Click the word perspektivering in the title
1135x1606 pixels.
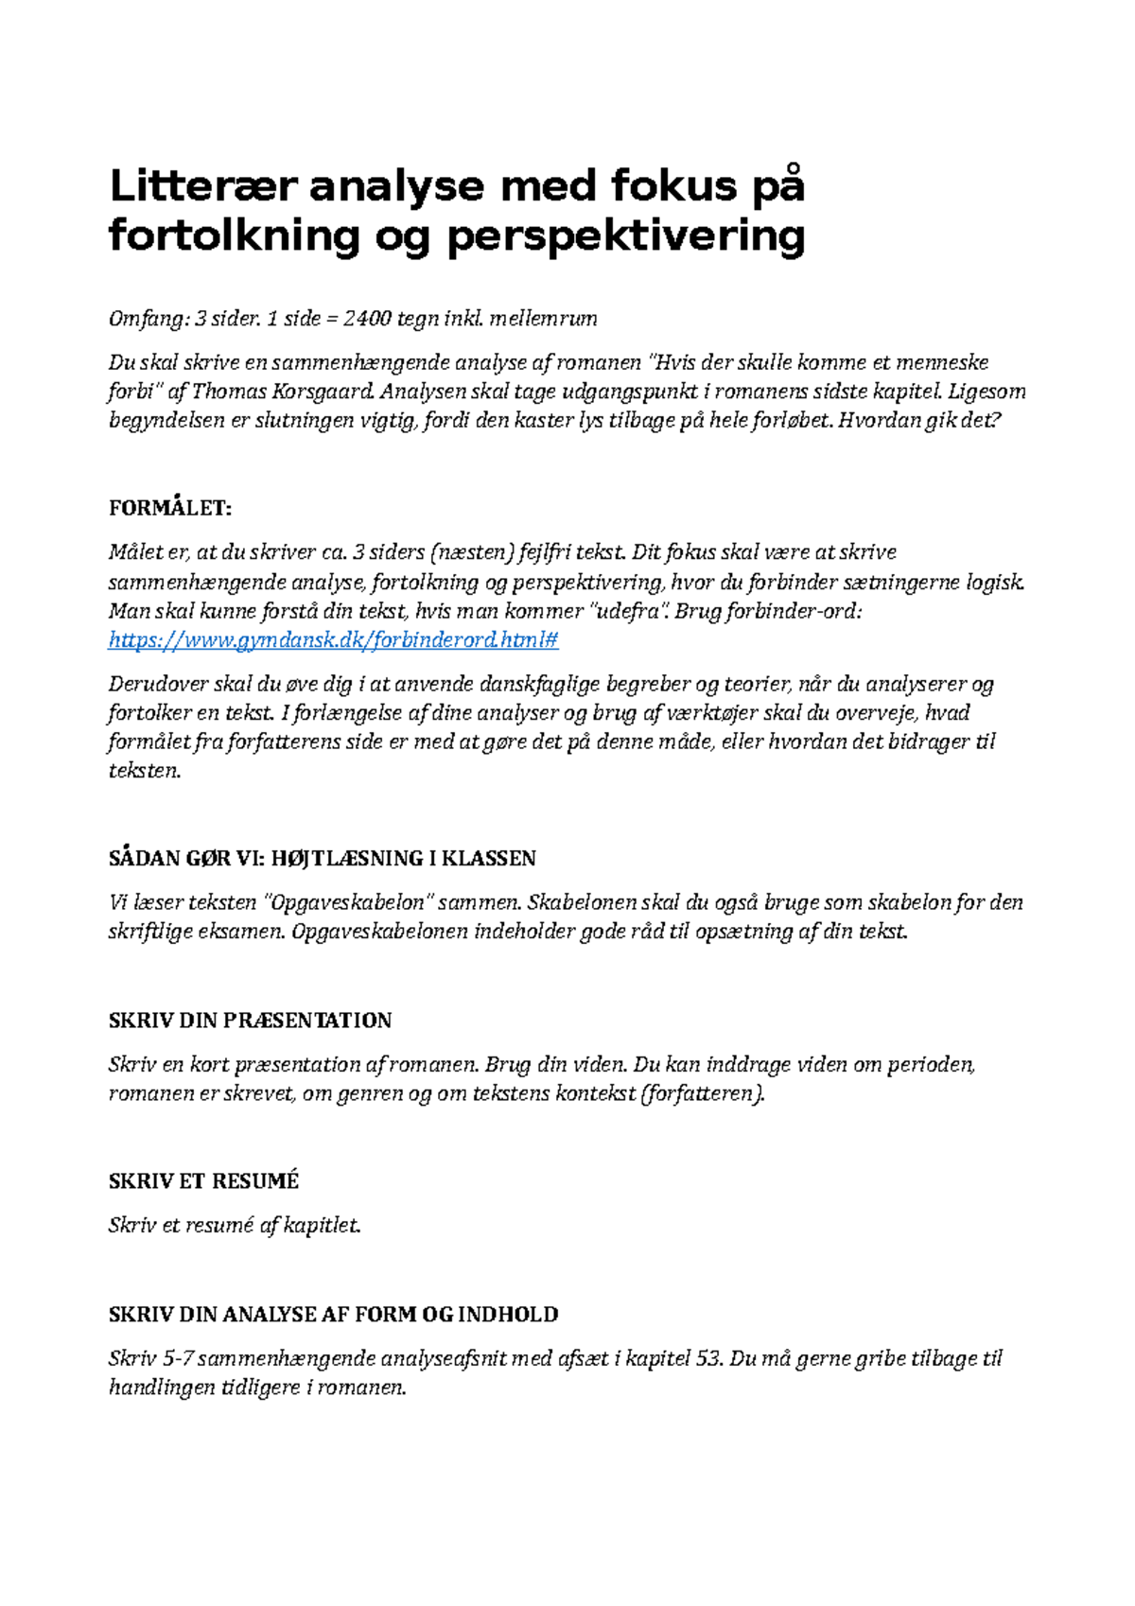pos(625,236)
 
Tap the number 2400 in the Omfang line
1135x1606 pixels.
pos(367,319)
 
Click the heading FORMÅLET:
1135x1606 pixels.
pos(170,508)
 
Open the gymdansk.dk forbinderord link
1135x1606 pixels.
pos(333,640)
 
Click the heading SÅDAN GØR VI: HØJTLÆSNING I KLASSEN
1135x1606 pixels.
pos(323,859)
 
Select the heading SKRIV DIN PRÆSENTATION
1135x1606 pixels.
pos(250,1021)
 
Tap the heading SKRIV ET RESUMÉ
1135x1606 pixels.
pos(203,1181)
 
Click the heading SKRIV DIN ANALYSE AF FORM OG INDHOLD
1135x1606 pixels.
pos(333,1315)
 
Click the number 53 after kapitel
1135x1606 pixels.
pos(707,1359)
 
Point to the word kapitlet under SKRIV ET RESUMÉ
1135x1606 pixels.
pos(322,1226)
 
